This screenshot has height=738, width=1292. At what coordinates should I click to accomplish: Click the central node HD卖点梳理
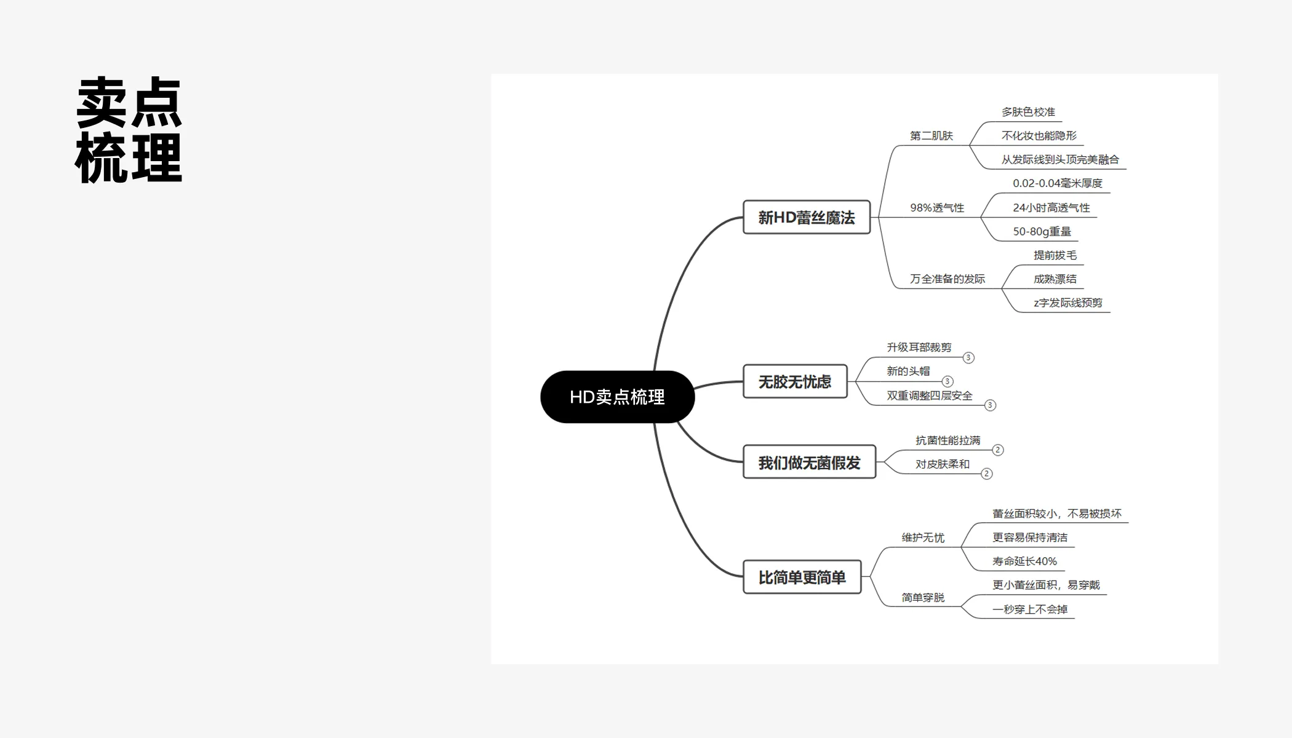tap(617, 397)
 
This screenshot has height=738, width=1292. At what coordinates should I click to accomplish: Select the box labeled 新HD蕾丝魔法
tap(807, 217)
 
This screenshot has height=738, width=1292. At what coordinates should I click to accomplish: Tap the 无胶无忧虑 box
tap(795, 381)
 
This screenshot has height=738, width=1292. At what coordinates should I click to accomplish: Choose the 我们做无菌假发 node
tap(809, 462)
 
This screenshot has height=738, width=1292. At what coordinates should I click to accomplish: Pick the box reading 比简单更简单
tap(802, 577)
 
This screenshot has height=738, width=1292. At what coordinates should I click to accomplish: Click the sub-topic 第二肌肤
tap(931, 135)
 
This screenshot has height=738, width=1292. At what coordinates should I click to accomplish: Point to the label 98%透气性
tap(937, 208)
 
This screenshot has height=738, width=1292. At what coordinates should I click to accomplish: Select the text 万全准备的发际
tap(947, 279)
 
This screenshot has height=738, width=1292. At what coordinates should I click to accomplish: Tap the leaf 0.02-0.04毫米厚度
tap(1058, 183)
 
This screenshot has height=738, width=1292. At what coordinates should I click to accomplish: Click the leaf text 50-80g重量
tap(1042, 231)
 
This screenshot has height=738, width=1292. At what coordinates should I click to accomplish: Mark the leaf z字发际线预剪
tap(1068, 303)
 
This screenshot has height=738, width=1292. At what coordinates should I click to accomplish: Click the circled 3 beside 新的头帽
tap(947, 381)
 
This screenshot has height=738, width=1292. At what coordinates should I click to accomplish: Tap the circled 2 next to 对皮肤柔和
tap(987, 474)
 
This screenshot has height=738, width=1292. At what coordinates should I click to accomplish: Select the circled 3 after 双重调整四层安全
tap(990, 405)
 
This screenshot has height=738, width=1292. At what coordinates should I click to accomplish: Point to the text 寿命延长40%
tap(1024, 561)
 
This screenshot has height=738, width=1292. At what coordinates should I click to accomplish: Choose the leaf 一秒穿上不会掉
tap(1030, 609)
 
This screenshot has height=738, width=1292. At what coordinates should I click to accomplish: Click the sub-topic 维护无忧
tap(923, 538)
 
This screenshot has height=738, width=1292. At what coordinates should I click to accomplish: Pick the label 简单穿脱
tap(923, 597)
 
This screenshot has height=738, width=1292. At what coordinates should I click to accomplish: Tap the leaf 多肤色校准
tap(1028, 112)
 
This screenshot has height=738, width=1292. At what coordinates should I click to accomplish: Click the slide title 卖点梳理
tap(129, 130)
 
